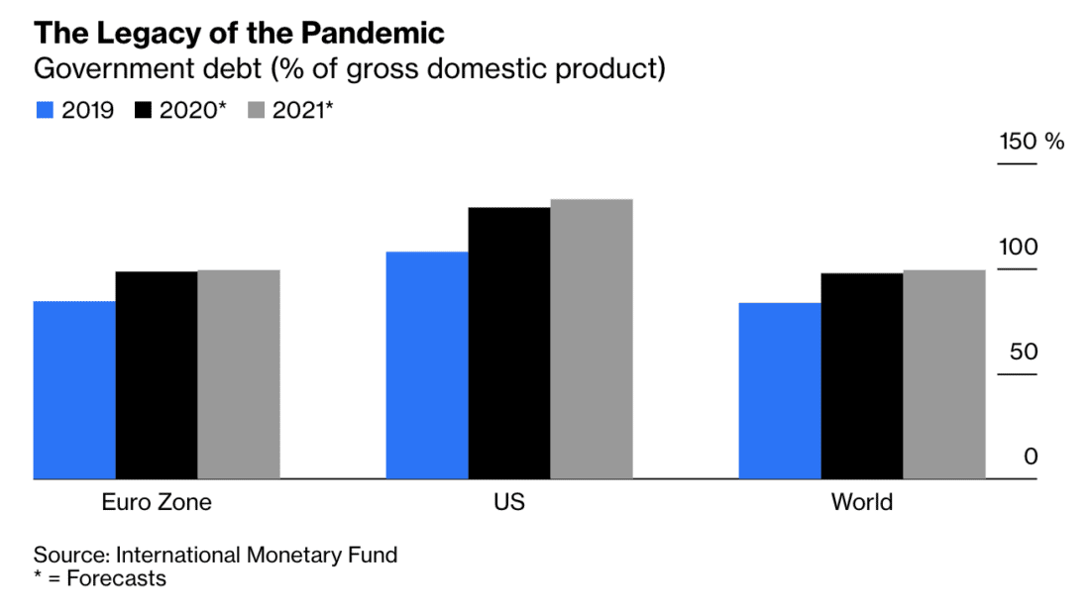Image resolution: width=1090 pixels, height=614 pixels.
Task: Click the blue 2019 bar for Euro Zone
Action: [x=74, y=390]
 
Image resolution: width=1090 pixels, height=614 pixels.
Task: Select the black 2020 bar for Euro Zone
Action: [x=157, y=375]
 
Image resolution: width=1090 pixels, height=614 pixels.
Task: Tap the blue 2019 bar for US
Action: [x=427, y=365]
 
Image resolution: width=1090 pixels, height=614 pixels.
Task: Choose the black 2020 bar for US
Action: [x=509, y=343]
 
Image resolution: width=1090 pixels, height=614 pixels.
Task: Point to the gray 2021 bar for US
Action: [x=592, y=339]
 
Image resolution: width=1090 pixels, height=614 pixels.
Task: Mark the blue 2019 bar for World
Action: [x=780, y=391]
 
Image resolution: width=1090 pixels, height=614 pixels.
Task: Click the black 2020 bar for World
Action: [x=862, y=376]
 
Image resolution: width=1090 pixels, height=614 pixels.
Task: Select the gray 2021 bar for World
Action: [x=944, y=374]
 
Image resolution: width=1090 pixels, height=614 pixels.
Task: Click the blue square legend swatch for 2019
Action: [x=44, y=110]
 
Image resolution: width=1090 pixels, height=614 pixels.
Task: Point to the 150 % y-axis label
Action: [x=1031, y=142]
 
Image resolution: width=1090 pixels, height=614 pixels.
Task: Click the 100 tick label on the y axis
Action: [x=1017, y=247]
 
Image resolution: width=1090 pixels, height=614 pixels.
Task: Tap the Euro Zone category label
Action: [x=157, y=502]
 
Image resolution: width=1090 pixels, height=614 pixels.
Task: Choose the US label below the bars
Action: [x=509, y=502]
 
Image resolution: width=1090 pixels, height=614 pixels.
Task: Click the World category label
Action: [x=862, y=502]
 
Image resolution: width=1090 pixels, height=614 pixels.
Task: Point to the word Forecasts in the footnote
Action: [x=116, y=578]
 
